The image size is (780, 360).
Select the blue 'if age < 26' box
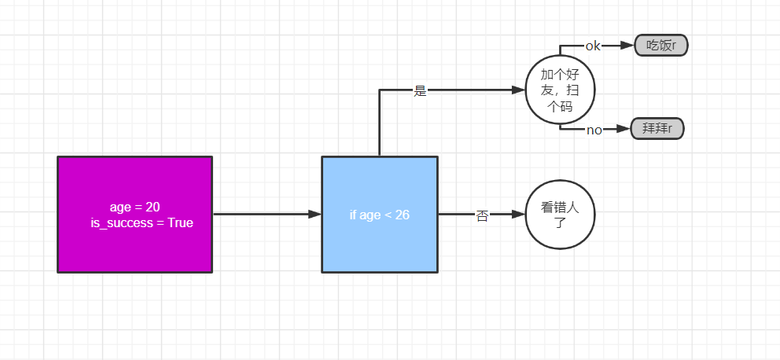point(379,214)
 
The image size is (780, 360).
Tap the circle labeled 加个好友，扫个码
point(561,90)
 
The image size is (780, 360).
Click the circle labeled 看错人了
point(561,214)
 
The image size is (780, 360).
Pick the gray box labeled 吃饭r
point(660,46)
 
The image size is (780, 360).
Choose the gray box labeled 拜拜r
point(657,129)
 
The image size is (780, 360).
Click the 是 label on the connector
point(420,90)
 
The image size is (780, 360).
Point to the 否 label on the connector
point(482,215)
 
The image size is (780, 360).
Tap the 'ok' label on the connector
point(593,46)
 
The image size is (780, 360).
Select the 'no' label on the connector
point(594,130)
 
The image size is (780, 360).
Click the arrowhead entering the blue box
point(315,214)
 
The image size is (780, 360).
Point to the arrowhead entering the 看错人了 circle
point(519,214)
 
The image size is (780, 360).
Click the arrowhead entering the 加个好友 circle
point(519,90)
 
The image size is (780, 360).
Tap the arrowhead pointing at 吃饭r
point(627,46)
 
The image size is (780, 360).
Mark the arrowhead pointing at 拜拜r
point(624,129)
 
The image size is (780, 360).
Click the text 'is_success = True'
point(142,223)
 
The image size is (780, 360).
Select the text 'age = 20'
point(134,207)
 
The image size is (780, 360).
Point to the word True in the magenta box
point(180,223)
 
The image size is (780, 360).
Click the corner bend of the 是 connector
point(380,90)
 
